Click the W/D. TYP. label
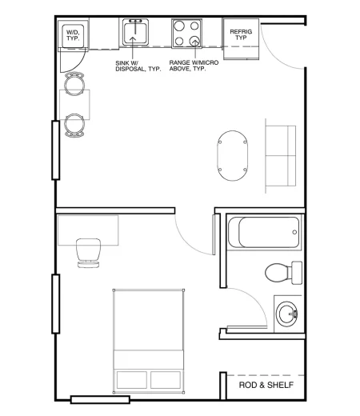[73, 35]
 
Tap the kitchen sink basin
[135, 34]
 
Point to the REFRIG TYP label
[241, 34]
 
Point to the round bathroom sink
[287, 311]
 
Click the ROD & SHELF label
[266, 386]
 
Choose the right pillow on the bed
[166, 378]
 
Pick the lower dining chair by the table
[74, 124]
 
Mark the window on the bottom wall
[100, 398]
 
